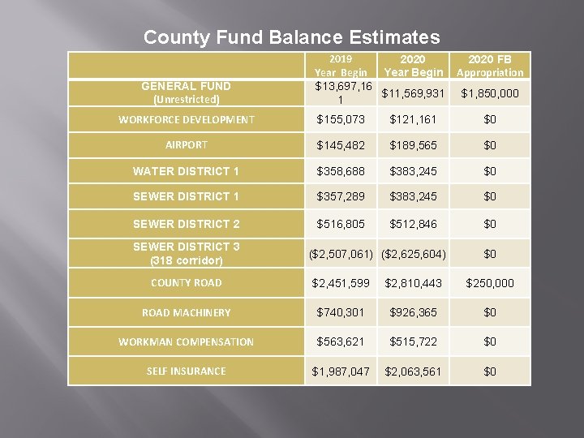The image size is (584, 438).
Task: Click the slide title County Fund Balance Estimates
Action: point(292,37)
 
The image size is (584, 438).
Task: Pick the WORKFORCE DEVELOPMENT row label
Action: point(187,120)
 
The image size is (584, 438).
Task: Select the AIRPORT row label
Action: point(187,145)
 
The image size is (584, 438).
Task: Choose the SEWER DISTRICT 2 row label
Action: point(187,223)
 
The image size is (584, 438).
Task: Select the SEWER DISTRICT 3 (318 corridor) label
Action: point(187,253)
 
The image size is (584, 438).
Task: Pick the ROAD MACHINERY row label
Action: point(187,312)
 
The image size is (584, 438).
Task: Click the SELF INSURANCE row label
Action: point(187,371)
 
